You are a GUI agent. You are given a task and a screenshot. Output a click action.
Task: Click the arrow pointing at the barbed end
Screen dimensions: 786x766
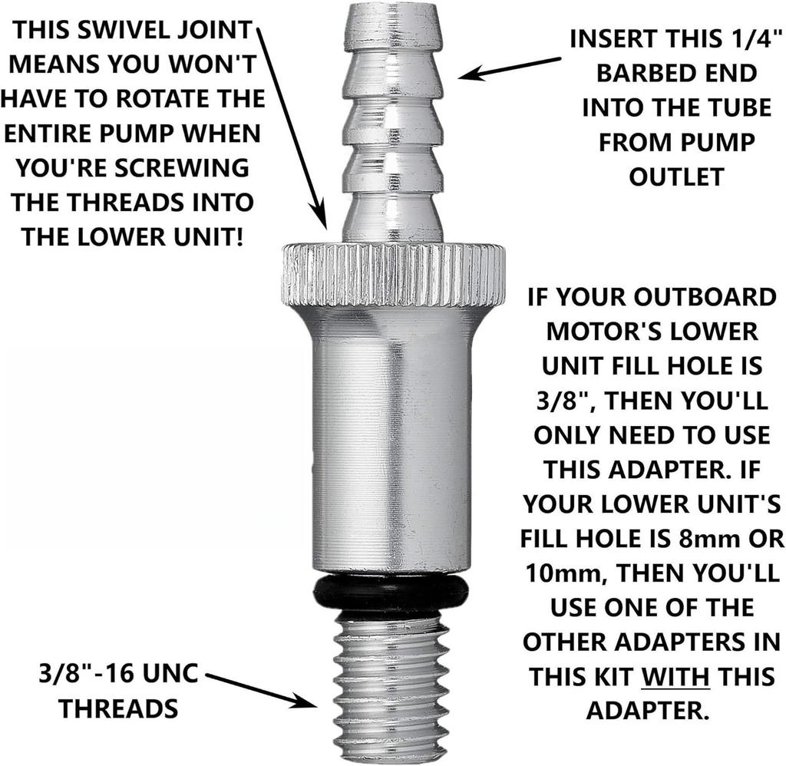[x=510, y=68]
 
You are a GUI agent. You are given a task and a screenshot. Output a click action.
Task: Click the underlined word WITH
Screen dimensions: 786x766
[x=675, y=677]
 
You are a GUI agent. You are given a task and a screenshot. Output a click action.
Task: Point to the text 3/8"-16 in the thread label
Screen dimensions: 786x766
[x=84, y=673]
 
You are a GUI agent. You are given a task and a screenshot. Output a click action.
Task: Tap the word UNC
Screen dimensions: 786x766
[x=168, y=674]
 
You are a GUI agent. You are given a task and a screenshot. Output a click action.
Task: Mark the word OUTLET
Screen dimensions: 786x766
[x=677, y=177]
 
